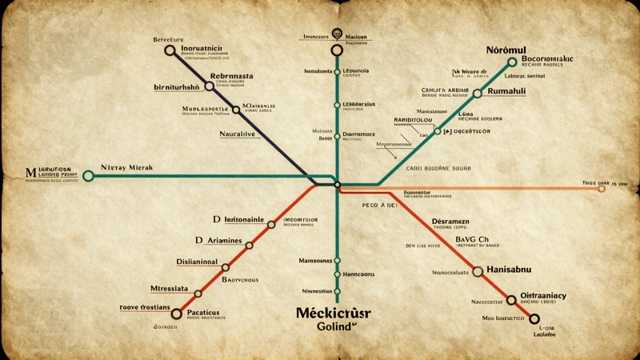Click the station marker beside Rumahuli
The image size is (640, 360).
(x=478, y=93)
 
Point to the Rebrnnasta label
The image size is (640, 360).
(x=231, y=76)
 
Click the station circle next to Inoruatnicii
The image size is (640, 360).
(x=170, y=50)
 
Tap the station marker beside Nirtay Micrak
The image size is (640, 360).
(x=88, y=175)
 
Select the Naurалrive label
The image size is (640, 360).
(x=238, y=134)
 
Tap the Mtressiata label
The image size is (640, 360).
(x=170, y=288)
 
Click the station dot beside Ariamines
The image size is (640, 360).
(x=250, y=245)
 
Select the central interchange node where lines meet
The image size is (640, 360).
(x=337, y=185)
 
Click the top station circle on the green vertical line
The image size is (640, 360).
(x=337, y=50)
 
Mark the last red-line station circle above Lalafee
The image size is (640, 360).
(x=534, y=318)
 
